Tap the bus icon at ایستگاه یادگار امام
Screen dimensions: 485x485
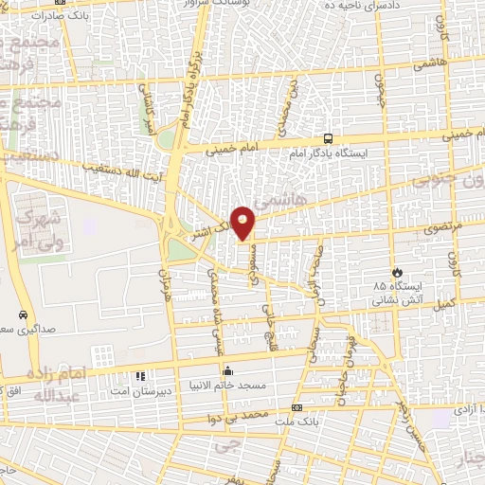328,137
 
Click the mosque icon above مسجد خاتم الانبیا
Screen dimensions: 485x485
226,369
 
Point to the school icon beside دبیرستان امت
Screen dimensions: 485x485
141,376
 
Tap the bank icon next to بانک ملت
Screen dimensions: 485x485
298,407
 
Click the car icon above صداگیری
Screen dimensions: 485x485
21,314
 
